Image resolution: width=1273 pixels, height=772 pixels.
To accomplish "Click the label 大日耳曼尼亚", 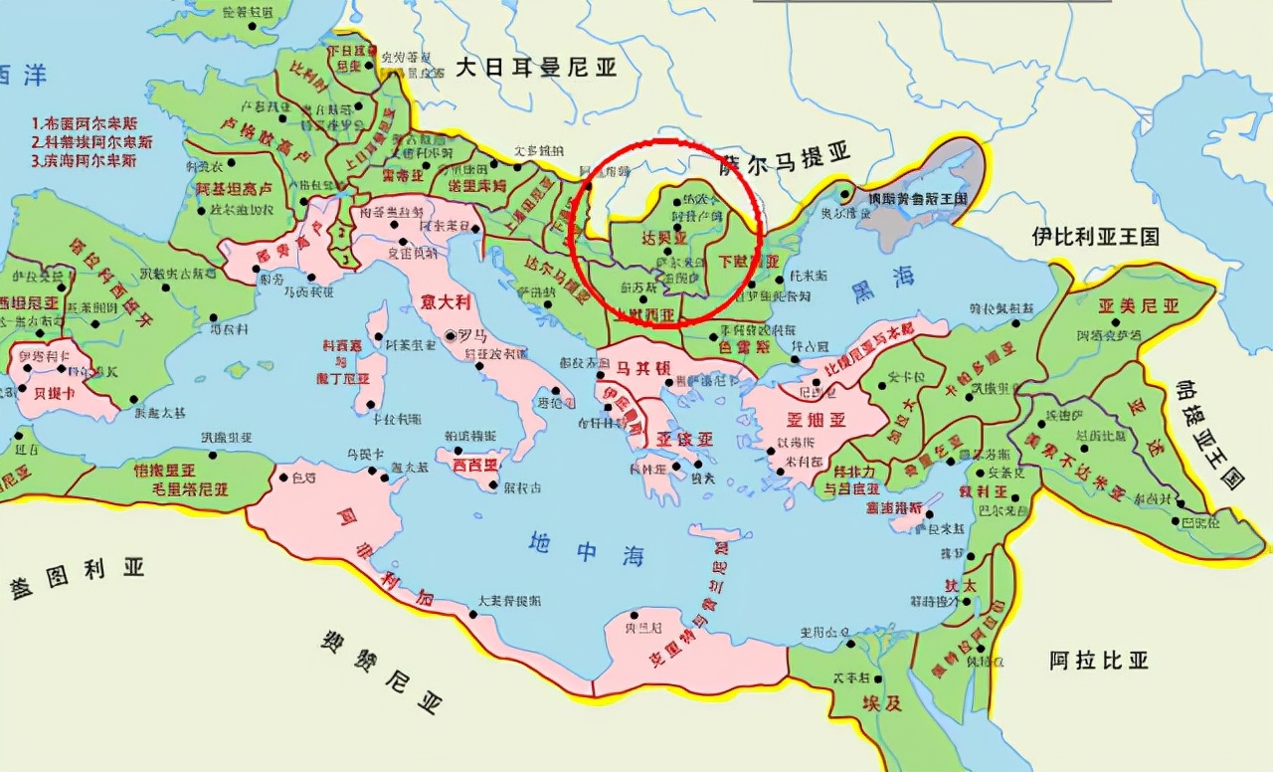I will [x=536, y=68].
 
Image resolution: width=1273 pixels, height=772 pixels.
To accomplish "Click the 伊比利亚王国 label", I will [x=1095, y=237].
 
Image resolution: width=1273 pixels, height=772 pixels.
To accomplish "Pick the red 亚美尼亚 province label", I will [x=1138, y=305].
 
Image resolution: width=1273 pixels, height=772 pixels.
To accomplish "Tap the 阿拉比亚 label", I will [x=1099, y=660].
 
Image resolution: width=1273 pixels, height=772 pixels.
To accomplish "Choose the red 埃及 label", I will [x=881, y=702].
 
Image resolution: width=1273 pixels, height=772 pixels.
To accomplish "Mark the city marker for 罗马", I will [x=453, y=335].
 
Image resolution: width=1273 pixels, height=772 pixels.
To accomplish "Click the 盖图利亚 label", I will [x=78, y=576].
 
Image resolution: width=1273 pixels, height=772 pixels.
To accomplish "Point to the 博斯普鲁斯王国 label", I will [x=917, y=199].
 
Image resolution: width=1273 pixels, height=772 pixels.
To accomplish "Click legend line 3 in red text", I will [x=84, y=160].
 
